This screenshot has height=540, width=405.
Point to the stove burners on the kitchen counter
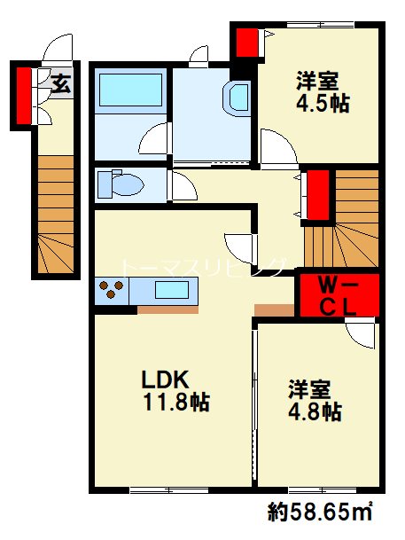112,289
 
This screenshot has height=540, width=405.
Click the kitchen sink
172,289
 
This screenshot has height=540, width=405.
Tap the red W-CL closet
339,294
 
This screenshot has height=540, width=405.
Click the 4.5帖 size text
323,103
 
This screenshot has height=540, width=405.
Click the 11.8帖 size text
177,403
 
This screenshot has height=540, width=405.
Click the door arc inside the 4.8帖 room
361,334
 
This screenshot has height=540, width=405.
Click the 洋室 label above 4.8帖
308,388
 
